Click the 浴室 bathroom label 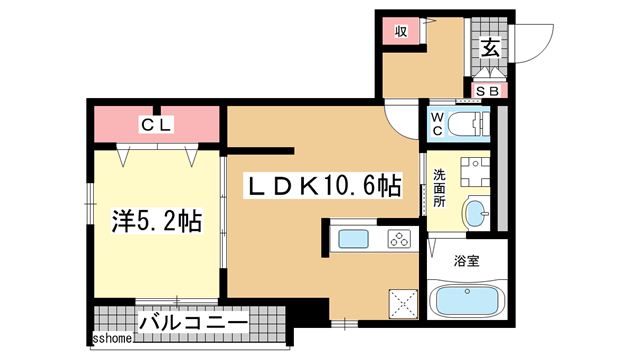point(467,262)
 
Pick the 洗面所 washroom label point(439,187)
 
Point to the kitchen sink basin point(355,239)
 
